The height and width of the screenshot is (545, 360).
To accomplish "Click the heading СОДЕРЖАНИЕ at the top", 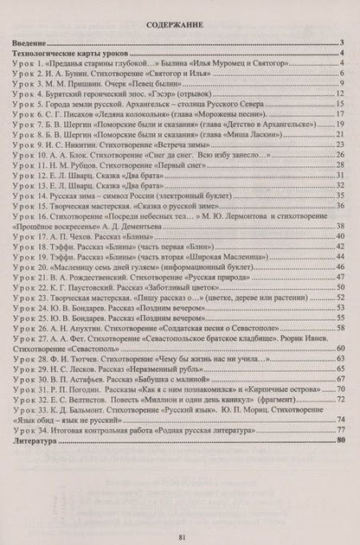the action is [179, 27].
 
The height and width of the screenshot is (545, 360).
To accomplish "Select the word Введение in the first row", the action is [35, 44].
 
